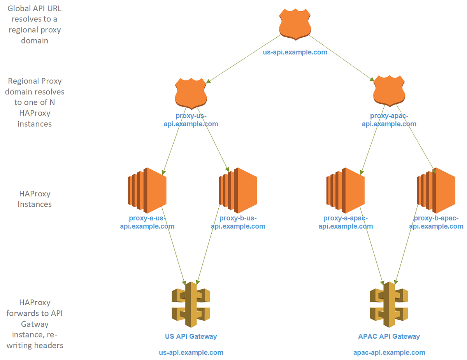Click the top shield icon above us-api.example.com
tap(295, 24)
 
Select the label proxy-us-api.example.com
tap(191, 120)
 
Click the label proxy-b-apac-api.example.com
tap(436, 222)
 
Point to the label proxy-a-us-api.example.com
tap(147, 222)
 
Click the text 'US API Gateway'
tap(191, 336)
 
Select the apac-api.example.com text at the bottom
tap(389, 353)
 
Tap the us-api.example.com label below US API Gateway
tap(191, 353)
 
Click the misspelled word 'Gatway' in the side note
tap(35, 324)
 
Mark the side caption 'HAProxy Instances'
tap(35, 199)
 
